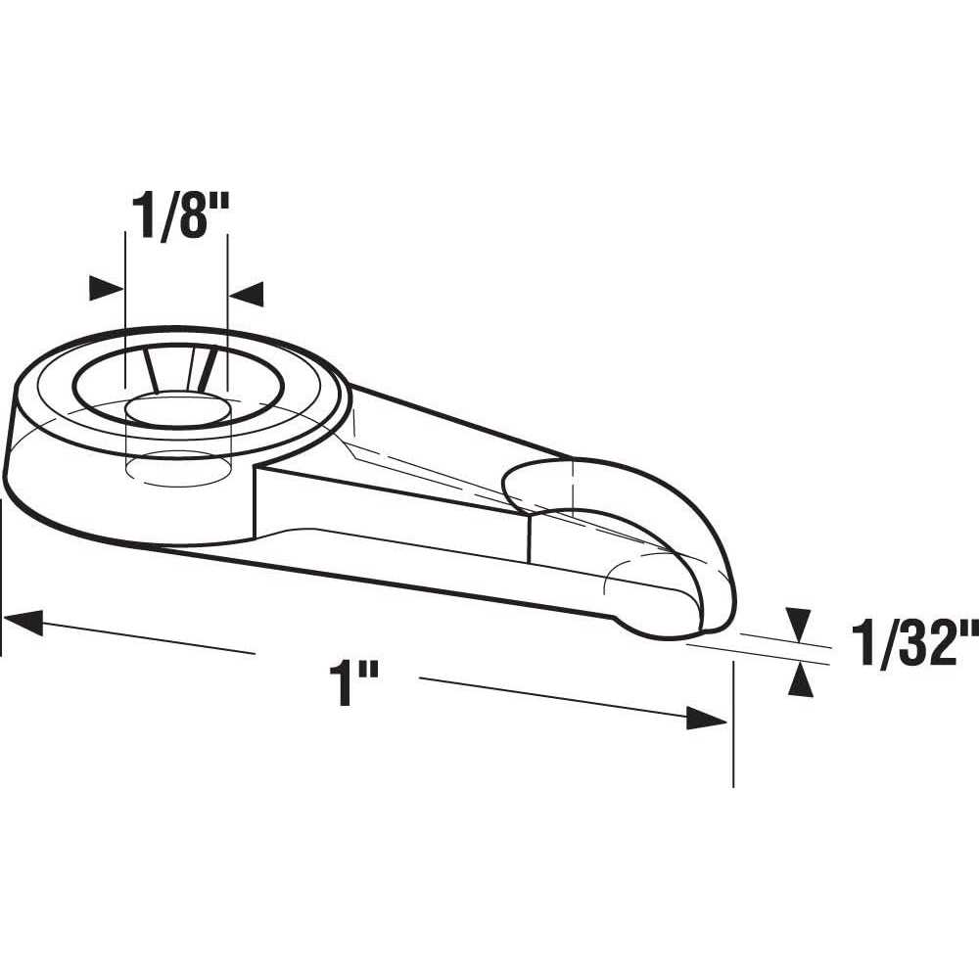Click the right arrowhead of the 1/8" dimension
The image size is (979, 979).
pyautogui.click(x=247, y=292)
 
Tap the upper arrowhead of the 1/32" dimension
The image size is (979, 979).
pyautogui.click(x=800, y=621)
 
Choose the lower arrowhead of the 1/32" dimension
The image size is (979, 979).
pyautogui.click(x=801, y=679)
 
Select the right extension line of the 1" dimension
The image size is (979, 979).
pyautogui.click(x=732, y=724)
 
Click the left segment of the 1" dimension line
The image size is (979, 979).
pyautogui.click(x=137, y=635)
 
